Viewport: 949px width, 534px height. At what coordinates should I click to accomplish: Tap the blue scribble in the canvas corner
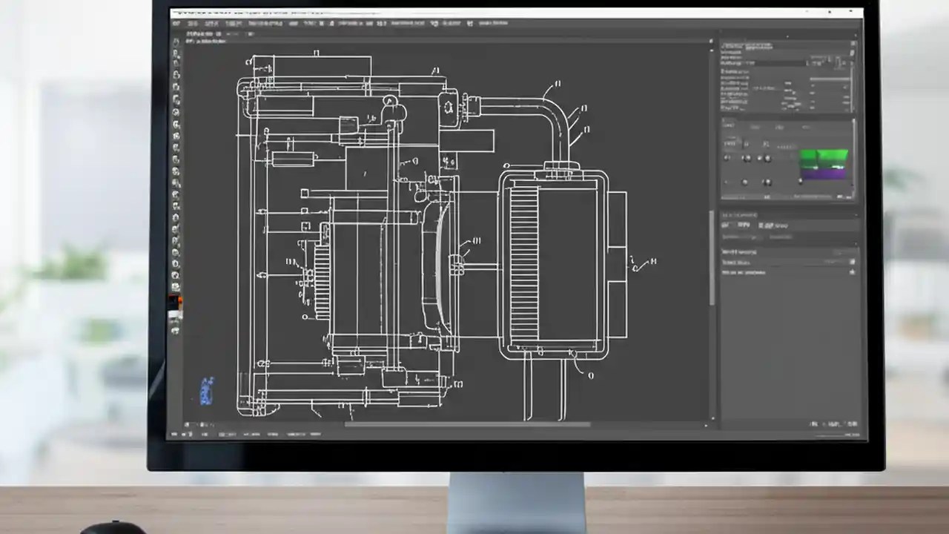[207, 391]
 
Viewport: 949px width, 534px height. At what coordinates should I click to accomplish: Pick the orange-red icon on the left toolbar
[176, 302]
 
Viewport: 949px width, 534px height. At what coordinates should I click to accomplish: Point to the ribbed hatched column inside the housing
[523, 263]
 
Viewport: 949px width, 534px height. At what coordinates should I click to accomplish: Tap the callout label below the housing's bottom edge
[590, 375]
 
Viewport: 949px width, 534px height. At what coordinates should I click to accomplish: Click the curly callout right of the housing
[642, 263]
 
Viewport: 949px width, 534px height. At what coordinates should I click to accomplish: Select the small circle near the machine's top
[390, 101]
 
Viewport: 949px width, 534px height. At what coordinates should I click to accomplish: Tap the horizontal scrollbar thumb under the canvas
[467, 425]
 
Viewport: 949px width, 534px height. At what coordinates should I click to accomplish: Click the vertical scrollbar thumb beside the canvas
[712, 256]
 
